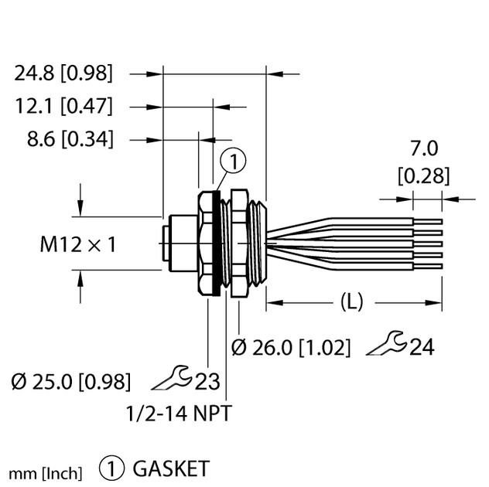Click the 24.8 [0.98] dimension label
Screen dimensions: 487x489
point(63,73)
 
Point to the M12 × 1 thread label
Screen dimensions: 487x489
point(77,245)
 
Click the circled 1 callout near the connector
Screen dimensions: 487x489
point(233,161)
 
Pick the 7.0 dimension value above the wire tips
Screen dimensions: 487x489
point(422,148)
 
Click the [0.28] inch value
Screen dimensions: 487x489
point(422,175)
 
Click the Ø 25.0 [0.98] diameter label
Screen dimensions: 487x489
point(70,381)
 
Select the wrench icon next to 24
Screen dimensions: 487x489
point(385,346)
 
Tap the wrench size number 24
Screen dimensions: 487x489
point(422,348)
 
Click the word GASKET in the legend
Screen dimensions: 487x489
point(171,468)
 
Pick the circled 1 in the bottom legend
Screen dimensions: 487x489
point(112,468)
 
